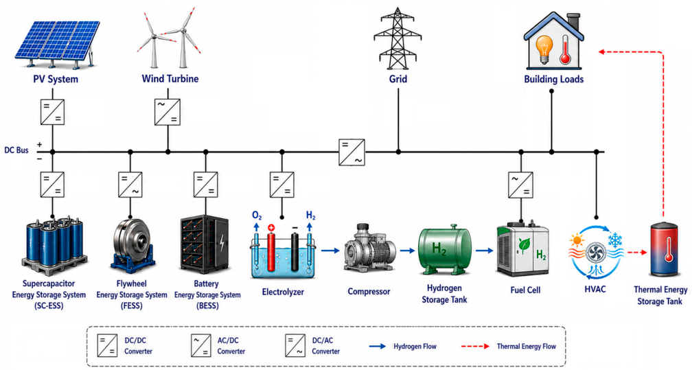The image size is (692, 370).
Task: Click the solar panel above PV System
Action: click(x=58, y=43)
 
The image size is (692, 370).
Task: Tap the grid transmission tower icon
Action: click(x=397, y=38)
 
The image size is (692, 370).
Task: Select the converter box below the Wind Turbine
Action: click(x=168, y=112)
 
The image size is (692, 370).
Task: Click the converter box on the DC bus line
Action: click(x=351, y=152)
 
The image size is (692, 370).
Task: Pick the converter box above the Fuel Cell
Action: click(x=521, y=185)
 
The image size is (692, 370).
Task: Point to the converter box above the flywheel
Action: click(x=130, y=185)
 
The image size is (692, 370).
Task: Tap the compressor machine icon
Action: click(x=369, y=248)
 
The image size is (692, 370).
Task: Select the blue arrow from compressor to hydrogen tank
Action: click(x=407, y=251)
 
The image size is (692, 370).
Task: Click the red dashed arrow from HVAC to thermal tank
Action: click(x=637, y=253)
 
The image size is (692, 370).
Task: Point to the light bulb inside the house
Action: click(x=544, y=49)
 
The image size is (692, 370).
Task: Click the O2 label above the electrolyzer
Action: click(x=257, y=216)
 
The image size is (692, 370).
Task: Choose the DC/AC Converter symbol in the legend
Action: click(x=295, y=346)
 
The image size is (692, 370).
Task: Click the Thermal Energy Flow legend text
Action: click(x=527, y=347)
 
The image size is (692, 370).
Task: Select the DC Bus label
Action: click(x=16, y=150)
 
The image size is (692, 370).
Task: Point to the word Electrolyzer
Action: click(x=283, y=292)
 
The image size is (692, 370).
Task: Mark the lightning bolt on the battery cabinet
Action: click(x=222, y=243)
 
